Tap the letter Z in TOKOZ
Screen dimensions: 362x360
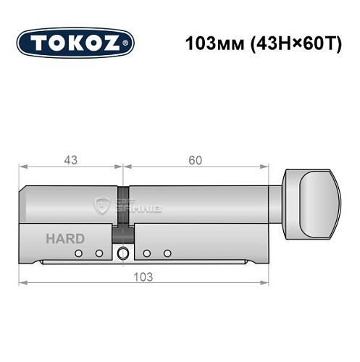[119, 42]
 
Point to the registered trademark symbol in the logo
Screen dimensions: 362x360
[130, 43]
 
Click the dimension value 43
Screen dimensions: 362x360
[70, 160]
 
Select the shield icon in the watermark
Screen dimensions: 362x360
[101, 206]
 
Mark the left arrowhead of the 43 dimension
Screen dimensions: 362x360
[22, 169]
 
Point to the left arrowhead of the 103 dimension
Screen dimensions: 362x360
[22, 282]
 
